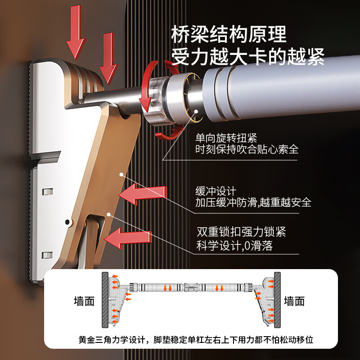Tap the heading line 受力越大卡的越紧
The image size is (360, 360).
click(x=247, y=58)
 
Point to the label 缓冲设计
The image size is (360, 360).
click(x=216, y=191)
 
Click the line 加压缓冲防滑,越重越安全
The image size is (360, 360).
click(x=253, y=202)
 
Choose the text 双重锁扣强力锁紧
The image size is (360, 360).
click(x=241, y=233)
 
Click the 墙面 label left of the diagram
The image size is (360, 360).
click(x=84, y=301)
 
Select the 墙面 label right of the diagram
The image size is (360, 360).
click(x=294, y=301)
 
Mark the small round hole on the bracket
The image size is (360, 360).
click(x=67, y=222)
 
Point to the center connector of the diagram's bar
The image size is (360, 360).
click(x=191, y=286)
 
